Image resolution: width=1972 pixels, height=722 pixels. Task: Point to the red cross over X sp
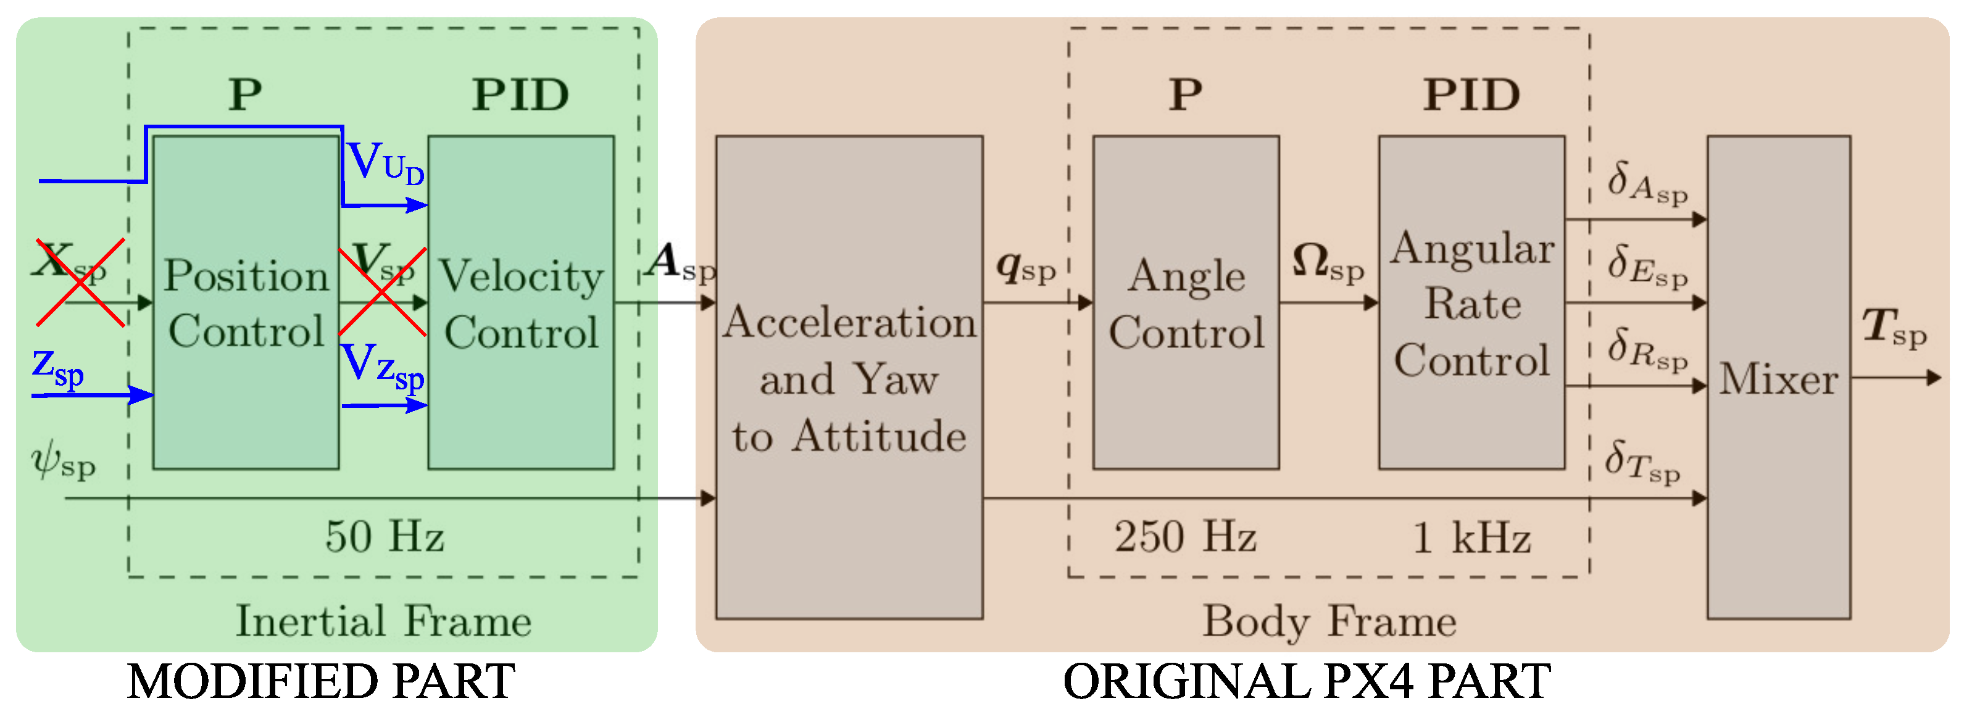pyautogui.click(x=80, y=282)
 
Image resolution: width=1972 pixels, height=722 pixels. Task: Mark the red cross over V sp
pyautogui.click(x=382, y=290)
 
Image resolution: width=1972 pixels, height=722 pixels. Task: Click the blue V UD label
pyautogui.click(x=385, y=163)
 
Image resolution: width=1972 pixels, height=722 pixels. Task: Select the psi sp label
pyautogui.click(x=63, y=461)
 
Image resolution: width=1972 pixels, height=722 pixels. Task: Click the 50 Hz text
pyautogui.click(x=385, y=536)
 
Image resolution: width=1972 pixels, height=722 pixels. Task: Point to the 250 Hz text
pyautogui.click(x=1184, y=536)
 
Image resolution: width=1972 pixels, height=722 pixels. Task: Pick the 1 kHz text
pyautogui.click(x=1471, y=537)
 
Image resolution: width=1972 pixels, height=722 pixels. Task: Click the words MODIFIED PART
pyautogui.click(x=321, y=681)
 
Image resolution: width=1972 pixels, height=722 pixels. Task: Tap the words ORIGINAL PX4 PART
pyautogui.click(x=1306, y=681)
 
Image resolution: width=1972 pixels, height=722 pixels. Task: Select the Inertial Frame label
pyautogui.click(x=383, y=620)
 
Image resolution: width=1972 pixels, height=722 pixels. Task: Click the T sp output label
pyautogui.click(x=1893, y=328)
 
